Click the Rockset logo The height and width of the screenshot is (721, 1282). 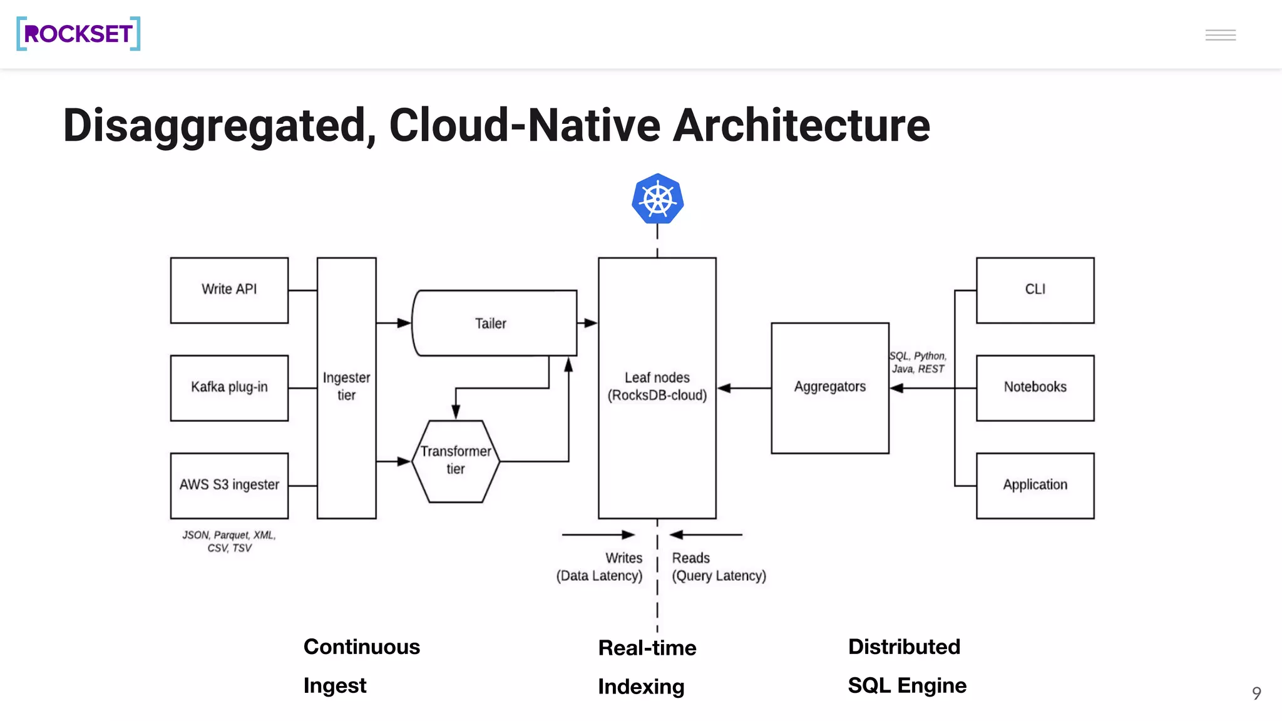coord(78,34)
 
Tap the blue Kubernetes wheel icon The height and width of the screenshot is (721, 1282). coord(657,199)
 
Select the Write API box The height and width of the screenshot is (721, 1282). coord(229,290)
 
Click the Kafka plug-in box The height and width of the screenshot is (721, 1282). coord(229,387)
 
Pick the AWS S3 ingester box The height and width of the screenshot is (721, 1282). coord(229,485)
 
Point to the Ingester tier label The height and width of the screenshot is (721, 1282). coord(346,386)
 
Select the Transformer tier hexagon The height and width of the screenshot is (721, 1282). coord(456,461)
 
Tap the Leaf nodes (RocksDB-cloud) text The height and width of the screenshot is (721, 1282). coord(657,386)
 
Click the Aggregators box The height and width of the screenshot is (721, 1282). coord(829,387)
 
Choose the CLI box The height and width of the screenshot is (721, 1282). coord(1035,290)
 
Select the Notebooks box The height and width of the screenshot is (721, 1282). coord(1035,387)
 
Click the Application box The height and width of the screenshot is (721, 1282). coord(1035,485)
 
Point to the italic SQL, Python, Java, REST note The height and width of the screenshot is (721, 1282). coord(918,362)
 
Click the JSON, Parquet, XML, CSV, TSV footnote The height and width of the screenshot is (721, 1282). coord(229,541)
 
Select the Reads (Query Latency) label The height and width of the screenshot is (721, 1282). coord(718,566)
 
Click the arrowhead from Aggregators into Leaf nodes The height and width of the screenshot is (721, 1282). coord(724,388)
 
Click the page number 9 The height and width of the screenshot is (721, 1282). coord(1256,693)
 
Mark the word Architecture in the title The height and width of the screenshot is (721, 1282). coord(801,125)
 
